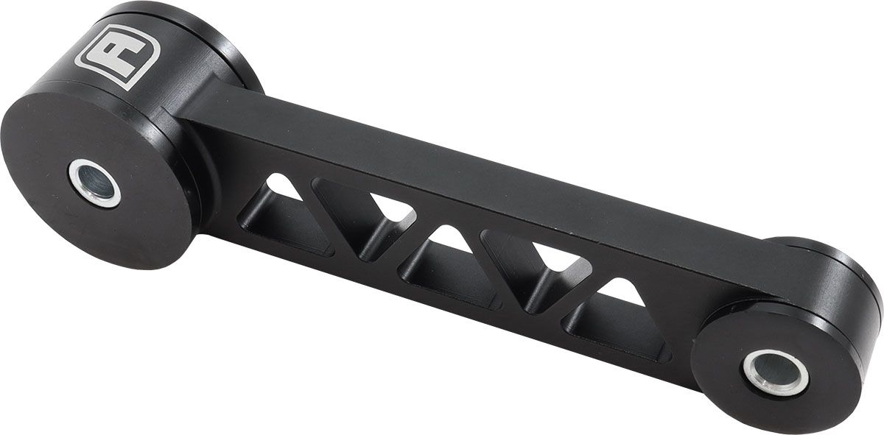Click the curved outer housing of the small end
click(x=855, y=294)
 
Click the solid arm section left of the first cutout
click(x=221, y=184)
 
